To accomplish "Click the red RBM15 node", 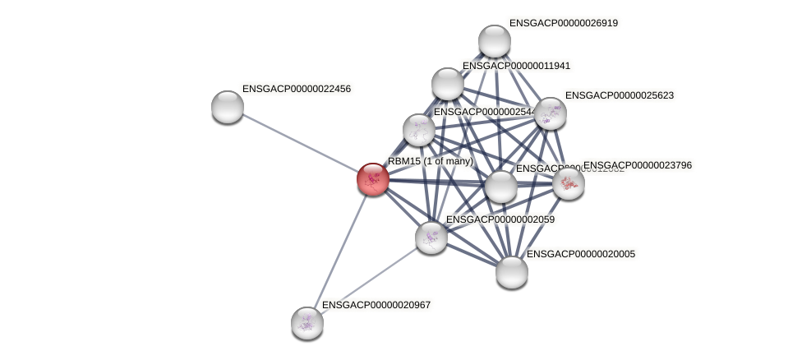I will (x=372, y=178).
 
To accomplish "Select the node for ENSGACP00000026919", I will (x=494, y=41).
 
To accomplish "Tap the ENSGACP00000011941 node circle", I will (x=447, y=83).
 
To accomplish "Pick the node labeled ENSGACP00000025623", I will (x=550, y=113).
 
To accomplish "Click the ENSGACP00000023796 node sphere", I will (x=568, y=183).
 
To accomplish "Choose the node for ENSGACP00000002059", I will (x=431, y=238).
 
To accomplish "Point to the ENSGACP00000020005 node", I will (x=511, y=272).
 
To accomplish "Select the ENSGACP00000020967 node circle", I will (x=307, y=323).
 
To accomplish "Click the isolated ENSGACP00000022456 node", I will (x=228, y=107).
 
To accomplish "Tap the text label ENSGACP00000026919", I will (x=563, y=23).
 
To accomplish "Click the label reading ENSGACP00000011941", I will (x=516, y=66).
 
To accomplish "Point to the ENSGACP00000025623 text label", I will (x=619, y=95).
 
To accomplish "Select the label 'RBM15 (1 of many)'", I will (x=430, y=161).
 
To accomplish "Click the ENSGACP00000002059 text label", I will (x=500, y=219).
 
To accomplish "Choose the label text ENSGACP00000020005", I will (x=580, y=254).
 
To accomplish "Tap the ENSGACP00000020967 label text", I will (x=376, y=305).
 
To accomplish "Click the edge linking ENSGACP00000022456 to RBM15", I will (x=300, y=143).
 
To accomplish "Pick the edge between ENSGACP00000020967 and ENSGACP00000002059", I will (x=368, y=280).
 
